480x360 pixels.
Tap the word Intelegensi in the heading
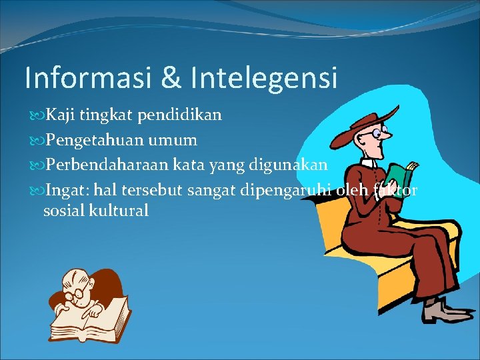[263, 78]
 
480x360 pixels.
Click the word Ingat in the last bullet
[65, 191]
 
